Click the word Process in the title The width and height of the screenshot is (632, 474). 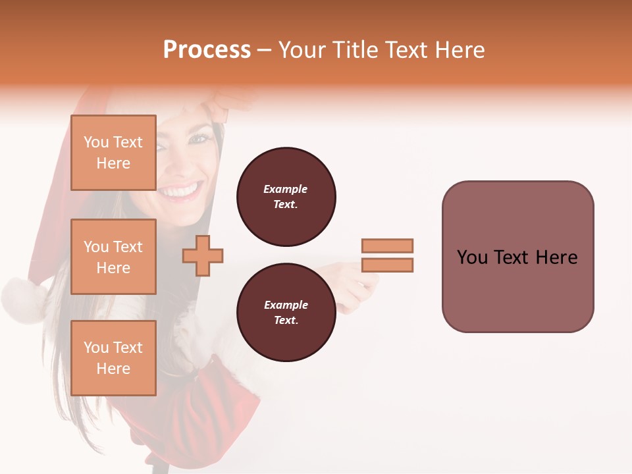pos(207,49)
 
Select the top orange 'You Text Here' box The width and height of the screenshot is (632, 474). pos(113,153)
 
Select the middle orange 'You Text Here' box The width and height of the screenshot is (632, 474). pos(113,257)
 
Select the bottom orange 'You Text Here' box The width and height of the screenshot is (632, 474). pos(113,358)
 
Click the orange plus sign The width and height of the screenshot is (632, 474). pos(203,255)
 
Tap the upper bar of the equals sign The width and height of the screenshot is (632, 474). pos(387,246)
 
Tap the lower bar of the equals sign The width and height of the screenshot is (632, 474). pos(387,265)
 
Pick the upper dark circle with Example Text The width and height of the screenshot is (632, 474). pos(286,197)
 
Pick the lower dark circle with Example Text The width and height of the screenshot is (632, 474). pos(286,312)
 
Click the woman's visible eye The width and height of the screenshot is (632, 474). pos(198,139)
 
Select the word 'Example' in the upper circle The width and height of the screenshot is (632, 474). pos(286,189)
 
